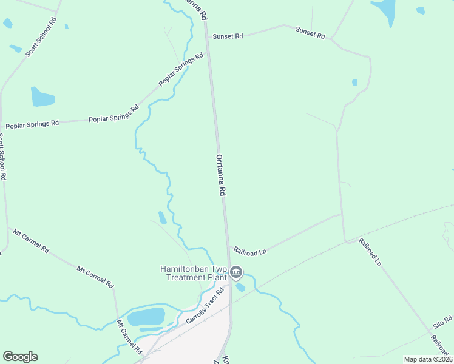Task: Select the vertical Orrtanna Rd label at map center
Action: pos(221,174)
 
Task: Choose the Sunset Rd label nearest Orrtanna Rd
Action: pos(228,36)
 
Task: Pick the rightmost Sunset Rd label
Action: pos(310,32)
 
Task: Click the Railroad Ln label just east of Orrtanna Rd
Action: pos(250,250)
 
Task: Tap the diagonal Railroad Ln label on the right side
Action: pos(370,252)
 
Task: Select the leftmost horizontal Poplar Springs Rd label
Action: pos(32,124)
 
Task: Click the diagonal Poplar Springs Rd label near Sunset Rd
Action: pos(181,70)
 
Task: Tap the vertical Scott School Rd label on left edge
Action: pos(2,157)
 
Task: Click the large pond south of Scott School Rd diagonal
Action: pos(42,96)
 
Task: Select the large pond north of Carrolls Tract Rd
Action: pos(146,317)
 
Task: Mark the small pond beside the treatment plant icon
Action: pos(240,287)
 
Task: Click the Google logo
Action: pos(20,357)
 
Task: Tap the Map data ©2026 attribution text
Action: pos(428,359)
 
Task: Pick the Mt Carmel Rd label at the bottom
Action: pos(129,337)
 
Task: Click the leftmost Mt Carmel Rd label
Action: pos(30,240)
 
